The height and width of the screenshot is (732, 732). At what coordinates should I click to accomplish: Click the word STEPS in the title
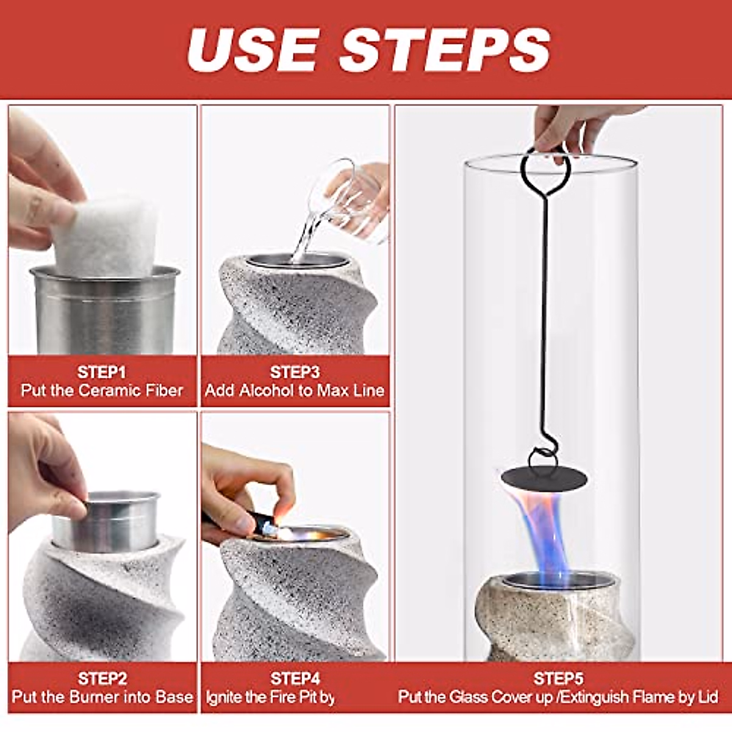tap(445, 49)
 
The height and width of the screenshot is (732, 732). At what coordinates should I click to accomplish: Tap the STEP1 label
tap(101, 372)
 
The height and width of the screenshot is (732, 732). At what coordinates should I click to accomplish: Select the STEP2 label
tap(102, 678)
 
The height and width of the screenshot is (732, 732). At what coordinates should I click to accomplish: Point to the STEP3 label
tap(295, 372)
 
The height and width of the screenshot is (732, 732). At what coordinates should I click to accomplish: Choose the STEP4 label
tap(295, 678)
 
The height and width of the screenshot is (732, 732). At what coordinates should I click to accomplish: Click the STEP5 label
tap(558, 678)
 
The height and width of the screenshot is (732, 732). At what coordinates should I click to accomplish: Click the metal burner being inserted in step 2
tap(106, 520)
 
